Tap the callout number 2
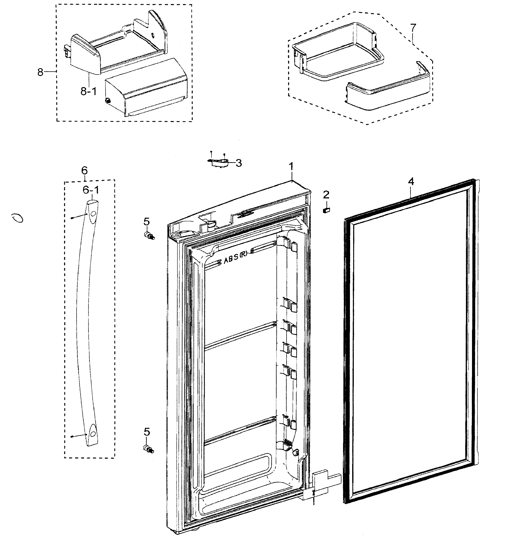pos(326,195)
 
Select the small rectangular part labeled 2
pos(326,210)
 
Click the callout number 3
pos(239,163)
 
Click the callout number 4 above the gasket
pos(411,182)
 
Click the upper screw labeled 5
pos(149,236)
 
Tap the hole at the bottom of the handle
pos(93,434)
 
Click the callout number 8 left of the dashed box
pos(40,72)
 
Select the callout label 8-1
pos(89,91)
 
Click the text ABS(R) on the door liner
pos(236,260)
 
